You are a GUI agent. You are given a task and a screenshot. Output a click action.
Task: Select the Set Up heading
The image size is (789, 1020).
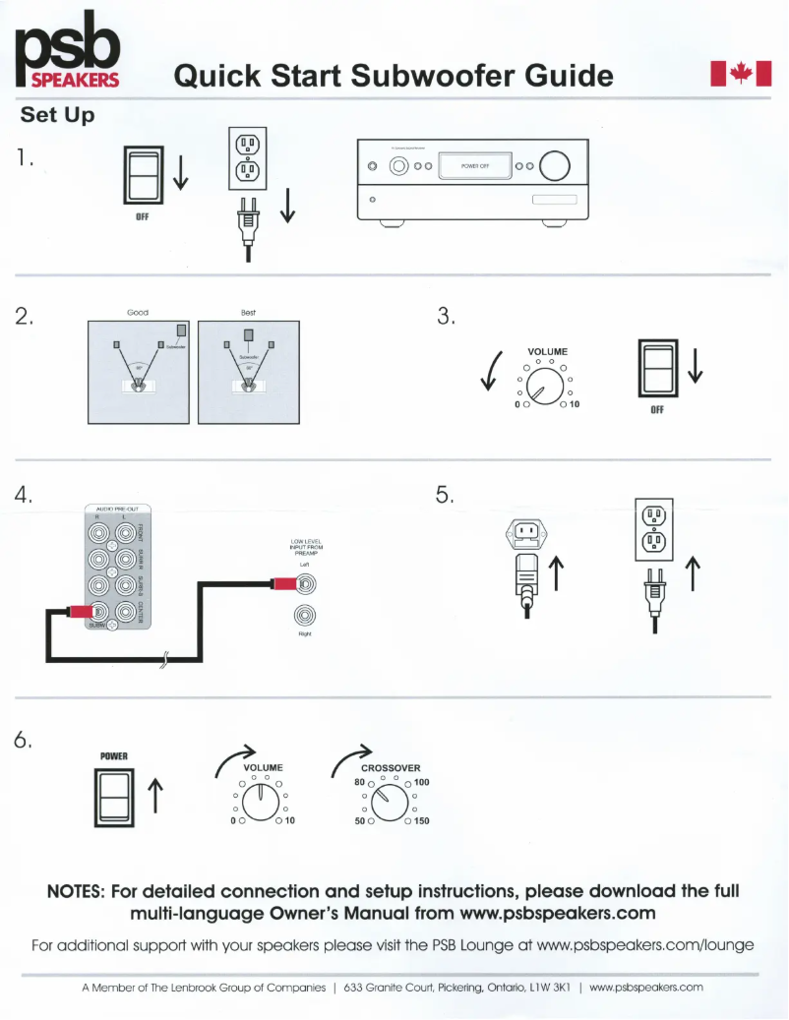58,115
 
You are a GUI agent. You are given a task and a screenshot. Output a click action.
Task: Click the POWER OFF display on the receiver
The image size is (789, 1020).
475,166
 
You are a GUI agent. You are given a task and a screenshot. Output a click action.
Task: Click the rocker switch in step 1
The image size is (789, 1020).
142,175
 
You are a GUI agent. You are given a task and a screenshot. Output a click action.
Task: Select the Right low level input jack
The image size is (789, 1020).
309,617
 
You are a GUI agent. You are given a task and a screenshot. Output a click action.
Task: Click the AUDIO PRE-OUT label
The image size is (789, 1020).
116,508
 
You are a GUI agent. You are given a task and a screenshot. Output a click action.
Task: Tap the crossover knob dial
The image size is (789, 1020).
391,804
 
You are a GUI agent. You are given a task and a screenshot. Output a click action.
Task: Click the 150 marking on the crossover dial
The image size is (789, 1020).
421,820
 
